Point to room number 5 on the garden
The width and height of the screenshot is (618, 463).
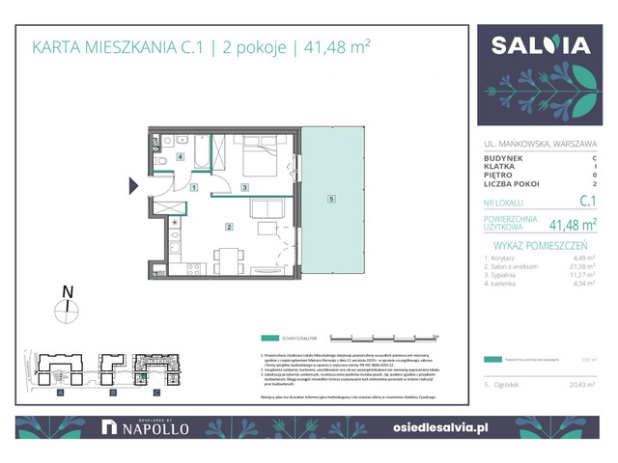331,200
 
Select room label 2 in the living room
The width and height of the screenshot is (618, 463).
228,228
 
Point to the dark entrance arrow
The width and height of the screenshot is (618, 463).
134,186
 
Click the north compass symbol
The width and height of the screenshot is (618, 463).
66,308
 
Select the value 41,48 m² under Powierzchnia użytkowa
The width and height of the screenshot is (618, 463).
573,225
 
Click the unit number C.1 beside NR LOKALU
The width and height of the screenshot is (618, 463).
586,203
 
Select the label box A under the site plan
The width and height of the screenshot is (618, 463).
60,394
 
